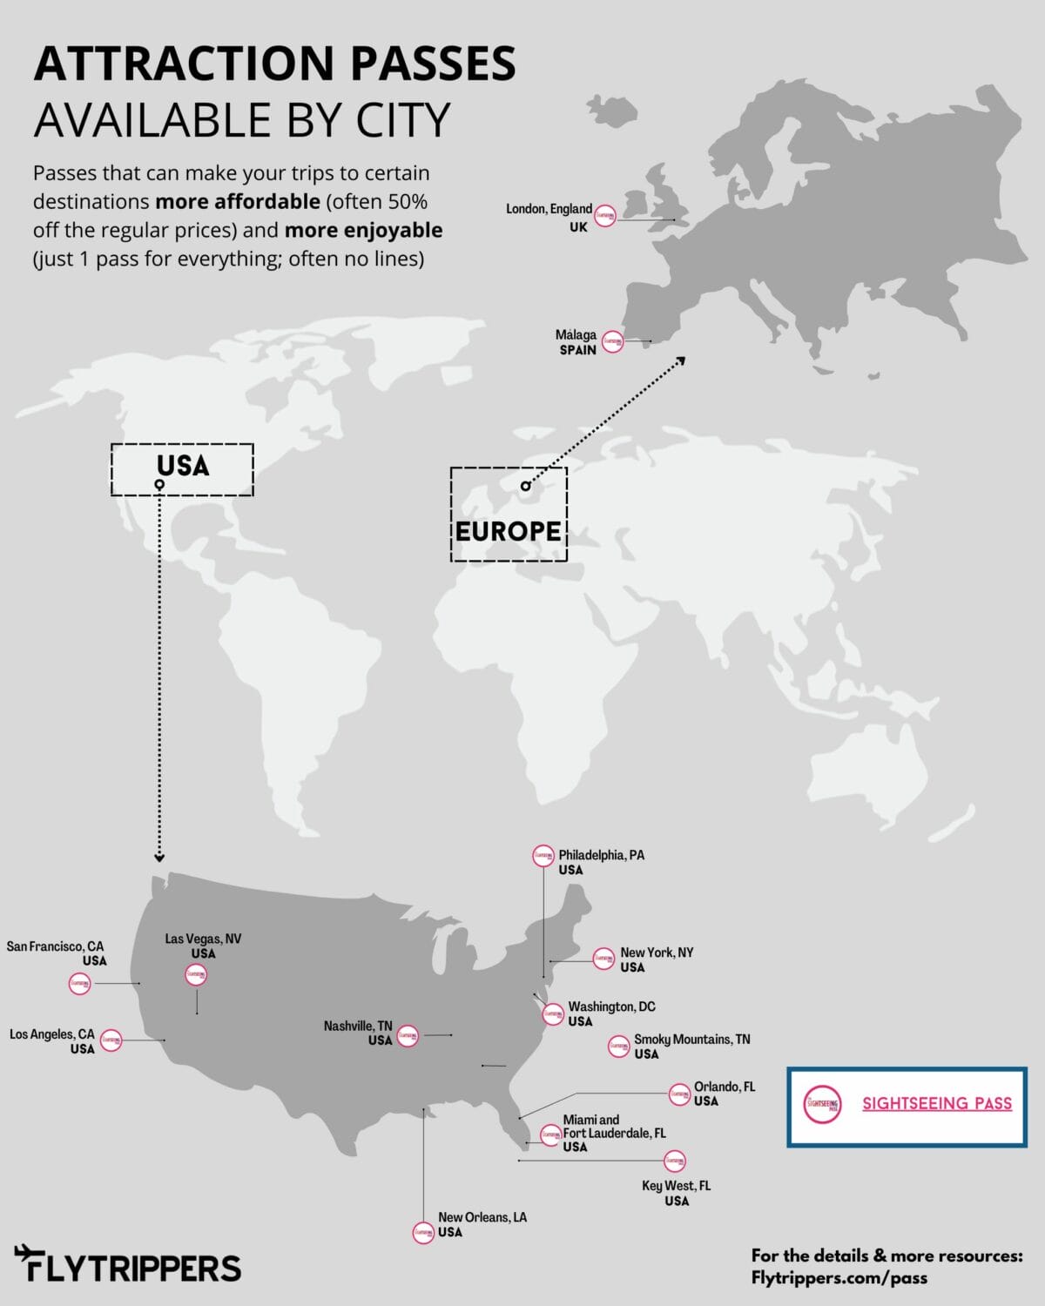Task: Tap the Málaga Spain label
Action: click(576, 341)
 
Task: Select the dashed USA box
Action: click(182, 468)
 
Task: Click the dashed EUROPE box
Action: click(509, 514)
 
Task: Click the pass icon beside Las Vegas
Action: click(197, 975)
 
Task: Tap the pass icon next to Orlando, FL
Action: click(679, 1094)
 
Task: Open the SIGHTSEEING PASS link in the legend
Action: click(937, 1103)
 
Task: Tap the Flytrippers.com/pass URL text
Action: click(839, 1278)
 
